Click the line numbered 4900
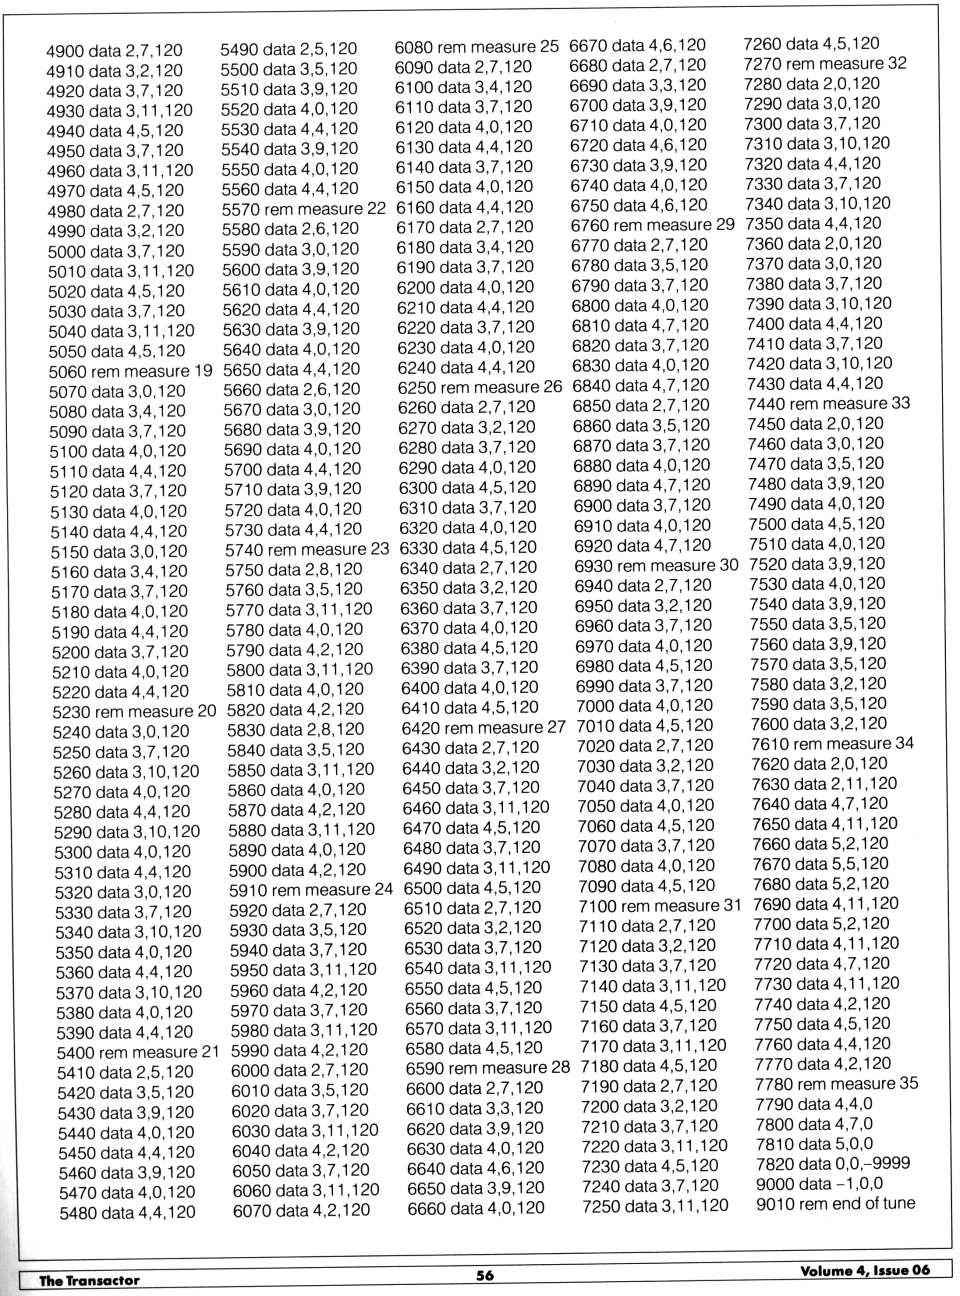click(x=114, y=50)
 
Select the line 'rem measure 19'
click(x=131, y=371)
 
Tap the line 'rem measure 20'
click(x=134, y=712)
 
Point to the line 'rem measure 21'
click(x=137, y=1052)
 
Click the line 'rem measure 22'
click(x=304, y=209)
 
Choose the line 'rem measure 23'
click(x=307, y=549)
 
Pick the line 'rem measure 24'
click(x=311, y=889)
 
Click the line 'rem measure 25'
click(x=477, y=47)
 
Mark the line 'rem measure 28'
click(x=487, y=1068)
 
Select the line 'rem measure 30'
click(x=656, y=565)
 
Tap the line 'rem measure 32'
click(x=825, y=63)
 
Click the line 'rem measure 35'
click(x=836, y=1084)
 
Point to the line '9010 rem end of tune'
click(x=835, y=1204)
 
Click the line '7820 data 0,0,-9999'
click(x=832, y=1164)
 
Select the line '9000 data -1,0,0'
click(x=819, y=1184)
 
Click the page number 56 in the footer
click(x=485, y=1275)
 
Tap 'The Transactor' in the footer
click(x=89, y=1280)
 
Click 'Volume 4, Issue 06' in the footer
click(x=864, y=1270)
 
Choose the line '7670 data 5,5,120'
click(x=820, y=864)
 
